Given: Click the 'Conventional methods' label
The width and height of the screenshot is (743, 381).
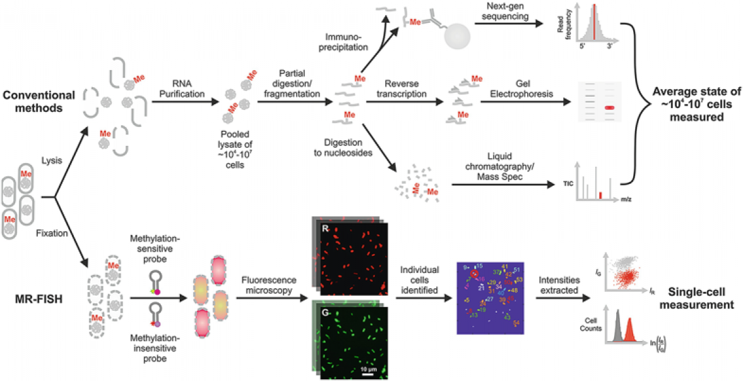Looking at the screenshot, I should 39,101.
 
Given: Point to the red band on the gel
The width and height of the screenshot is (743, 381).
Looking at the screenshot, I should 609,107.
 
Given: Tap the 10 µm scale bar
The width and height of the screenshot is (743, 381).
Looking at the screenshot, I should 369,373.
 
